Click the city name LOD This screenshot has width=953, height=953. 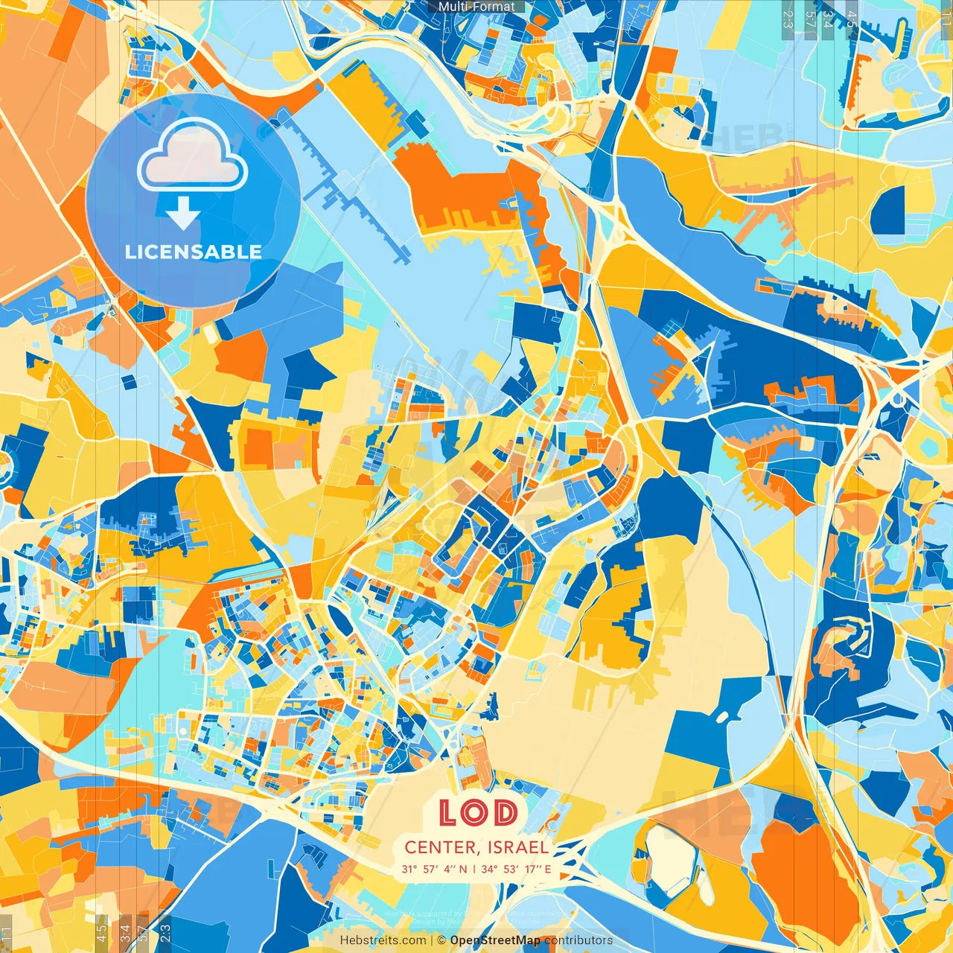click(477, 812)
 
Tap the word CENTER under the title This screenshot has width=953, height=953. click(441, 847)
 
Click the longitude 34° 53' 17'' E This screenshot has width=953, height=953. click(516, 869)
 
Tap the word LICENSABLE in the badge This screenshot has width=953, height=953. click(194, 252)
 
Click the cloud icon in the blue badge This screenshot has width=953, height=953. click(192, 155)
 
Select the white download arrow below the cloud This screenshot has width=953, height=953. click(183, 214)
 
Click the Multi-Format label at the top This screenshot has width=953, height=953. click(476, 7)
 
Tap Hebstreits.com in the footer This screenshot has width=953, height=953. click(383, 940)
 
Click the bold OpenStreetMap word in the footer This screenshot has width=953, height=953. click(495, 940)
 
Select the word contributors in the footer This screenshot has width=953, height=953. click(579, 940)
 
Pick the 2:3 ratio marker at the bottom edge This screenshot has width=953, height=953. click(165, 931)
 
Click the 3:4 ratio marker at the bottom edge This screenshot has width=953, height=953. click(125, 932)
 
